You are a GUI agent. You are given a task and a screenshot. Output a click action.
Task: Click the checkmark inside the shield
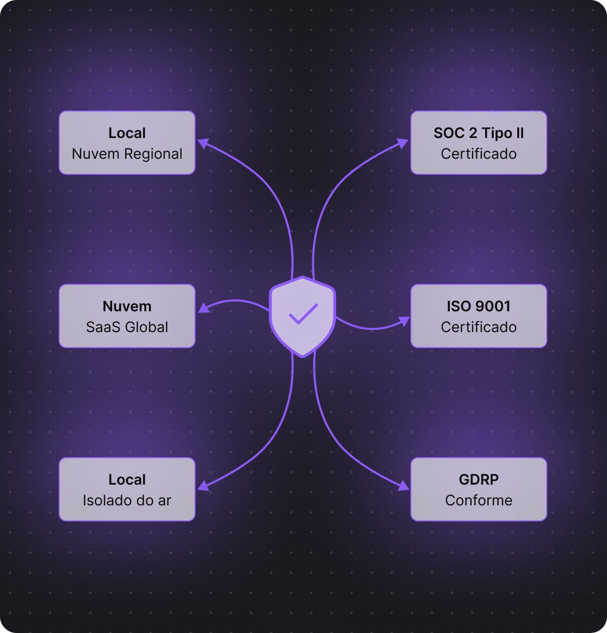tap(303, 313)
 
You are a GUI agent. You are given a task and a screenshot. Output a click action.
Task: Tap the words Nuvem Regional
tap(127, 154)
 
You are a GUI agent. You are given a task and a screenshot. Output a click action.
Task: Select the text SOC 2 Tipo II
tap(478, 133)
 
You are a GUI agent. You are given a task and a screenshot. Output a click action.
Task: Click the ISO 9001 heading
tap(478, 306)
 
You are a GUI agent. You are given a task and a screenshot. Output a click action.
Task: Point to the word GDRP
tap(478, 479)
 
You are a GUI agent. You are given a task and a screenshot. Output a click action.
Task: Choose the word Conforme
tap(478, 500)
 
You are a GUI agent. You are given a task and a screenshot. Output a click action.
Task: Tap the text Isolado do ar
tap(127, 500)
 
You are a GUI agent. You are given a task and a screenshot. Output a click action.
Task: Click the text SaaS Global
tap(127, 327)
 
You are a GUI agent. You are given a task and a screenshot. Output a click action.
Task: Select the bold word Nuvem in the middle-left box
tap(127, 306)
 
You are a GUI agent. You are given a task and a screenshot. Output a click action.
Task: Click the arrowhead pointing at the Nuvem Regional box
tap(203, 143)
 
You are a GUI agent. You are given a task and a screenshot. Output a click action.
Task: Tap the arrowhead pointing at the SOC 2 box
tap(403, 143)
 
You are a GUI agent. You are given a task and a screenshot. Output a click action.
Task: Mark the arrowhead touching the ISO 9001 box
tap(404, 321)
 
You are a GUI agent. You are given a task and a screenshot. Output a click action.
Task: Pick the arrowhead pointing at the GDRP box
tap(403, 486)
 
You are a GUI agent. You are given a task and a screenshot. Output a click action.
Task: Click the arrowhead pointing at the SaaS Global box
tap(203, 308)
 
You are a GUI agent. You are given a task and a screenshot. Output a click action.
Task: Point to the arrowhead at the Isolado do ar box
tap(203, 486)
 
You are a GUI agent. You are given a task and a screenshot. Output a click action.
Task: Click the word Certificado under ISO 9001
tap(478, 327)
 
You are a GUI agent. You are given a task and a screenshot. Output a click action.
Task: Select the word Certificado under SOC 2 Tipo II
tap(478, 154)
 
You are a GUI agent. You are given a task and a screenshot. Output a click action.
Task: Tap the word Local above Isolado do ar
tap(127, 479)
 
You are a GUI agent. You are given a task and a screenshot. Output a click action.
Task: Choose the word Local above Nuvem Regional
tap(127, 133)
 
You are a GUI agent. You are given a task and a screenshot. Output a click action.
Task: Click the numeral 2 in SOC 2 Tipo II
tap(473, 133)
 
